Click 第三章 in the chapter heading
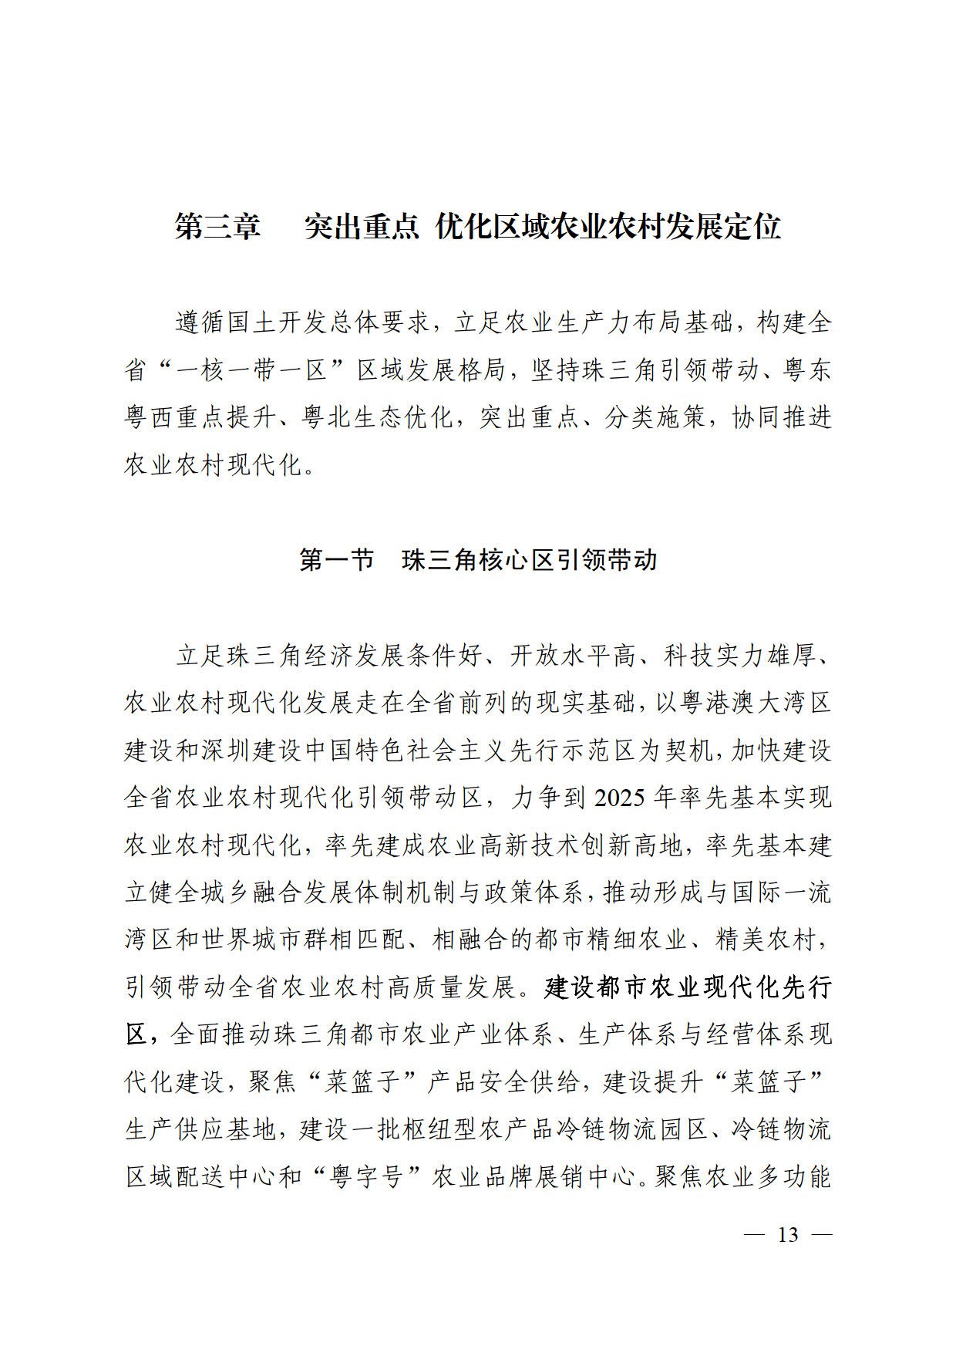[218, 227]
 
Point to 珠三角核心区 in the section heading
[477, 559]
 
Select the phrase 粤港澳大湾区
[743, 703]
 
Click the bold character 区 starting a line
[137, 1035]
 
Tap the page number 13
[788, 1235]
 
